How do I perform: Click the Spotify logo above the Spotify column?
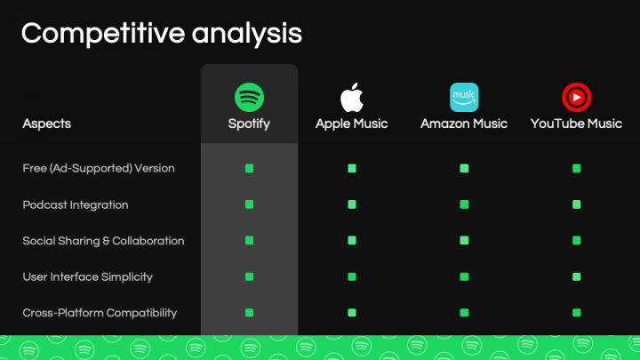(249, 96)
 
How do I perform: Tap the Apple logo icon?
(352, 96)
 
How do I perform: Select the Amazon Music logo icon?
(464, 96)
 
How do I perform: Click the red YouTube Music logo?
(576, 96)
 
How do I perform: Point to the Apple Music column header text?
(352, 124)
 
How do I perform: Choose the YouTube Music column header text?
(576, 124)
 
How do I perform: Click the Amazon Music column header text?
(464, 124)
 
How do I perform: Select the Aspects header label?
(47, 124)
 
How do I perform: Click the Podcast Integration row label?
(76, 204)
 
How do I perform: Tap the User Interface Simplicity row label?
(87, 276)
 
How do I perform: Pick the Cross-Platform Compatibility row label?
(100, 313)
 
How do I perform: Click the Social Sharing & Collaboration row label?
(103, 241)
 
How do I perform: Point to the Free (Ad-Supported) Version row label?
(99, 168)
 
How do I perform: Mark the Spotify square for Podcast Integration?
(249, 204)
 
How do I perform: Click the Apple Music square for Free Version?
(352, 168)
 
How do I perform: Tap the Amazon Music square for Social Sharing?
(464, 241)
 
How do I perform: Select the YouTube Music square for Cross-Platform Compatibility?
(576, 313)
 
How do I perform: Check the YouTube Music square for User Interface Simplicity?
(576, 276)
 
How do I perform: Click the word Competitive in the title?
(99, 33)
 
